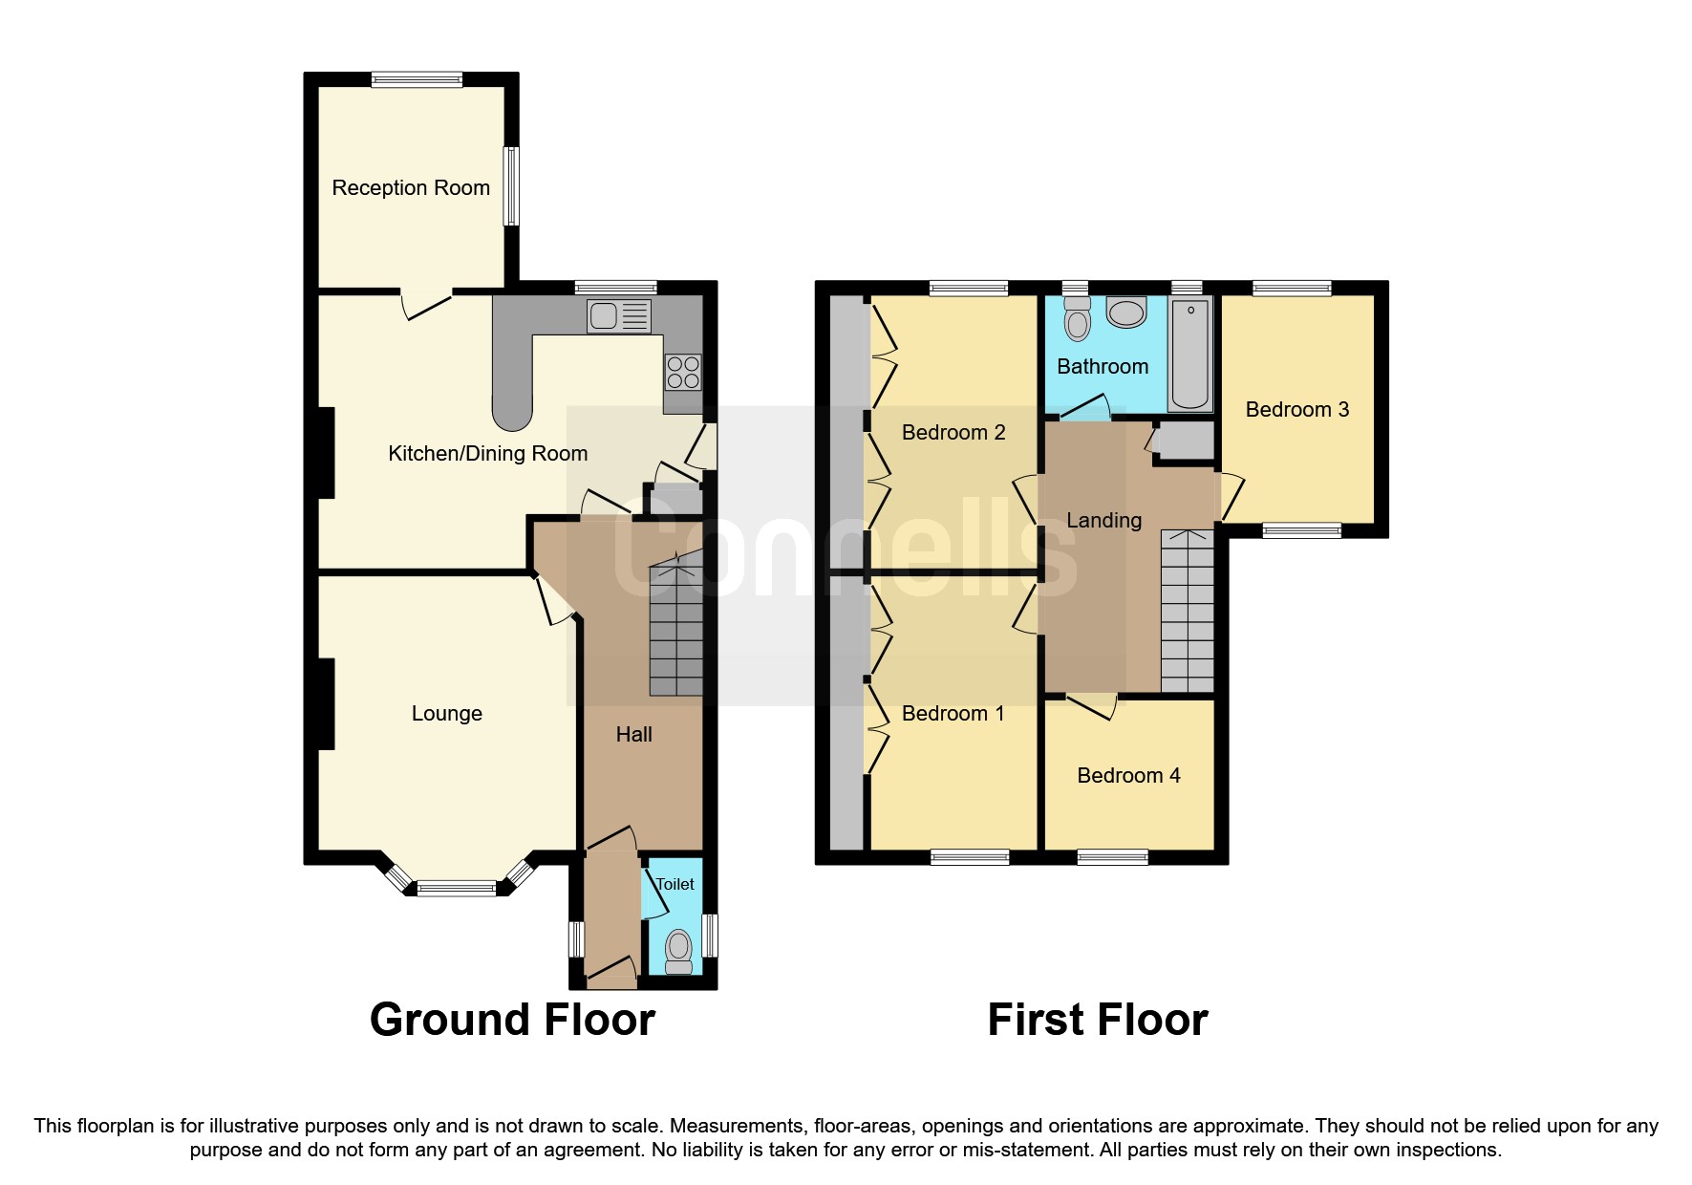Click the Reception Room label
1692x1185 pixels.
411,188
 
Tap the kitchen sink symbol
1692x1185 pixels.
619,315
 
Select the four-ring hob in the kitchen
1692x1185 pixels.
683,372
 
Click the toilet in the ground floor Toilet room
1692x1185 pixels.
678,950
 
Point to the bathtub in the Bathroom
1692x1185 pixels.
1190,353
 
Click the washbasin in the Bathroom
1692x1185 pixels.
1126,312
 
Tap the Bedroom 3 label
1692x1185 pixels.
1296,410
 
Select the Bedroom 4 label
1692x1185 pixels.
1128,776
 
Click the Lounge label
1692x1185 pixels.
446,714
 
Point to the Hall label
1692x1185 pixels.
633,735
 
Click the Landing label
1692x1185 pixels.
1103,521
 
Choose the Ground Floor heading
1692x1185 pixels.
512,1020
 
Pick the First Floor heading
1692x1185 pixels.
1097,1020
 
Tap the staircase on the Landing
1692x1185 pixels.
1188,612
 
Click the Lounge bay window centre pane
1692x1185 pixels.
457,889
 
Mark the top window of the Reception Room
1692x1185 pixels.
417,80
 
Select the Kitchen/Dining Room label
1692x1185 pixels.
487,454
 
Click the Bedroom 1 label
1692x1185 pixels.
953,714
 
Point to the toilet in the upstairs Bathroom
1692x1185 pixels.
1077,319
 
